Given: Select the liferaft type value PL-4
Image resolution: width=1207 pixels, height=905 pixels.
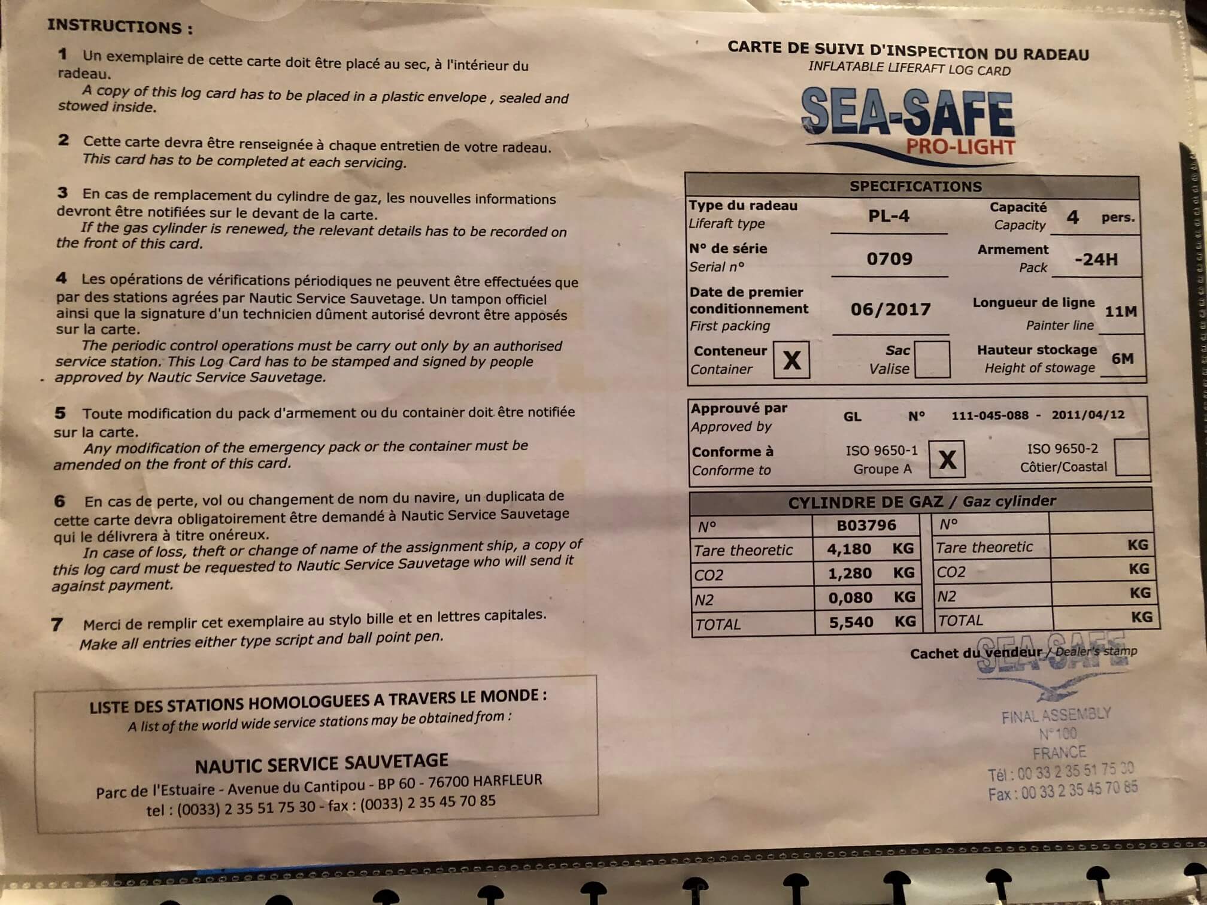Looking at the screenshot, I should [888, 216].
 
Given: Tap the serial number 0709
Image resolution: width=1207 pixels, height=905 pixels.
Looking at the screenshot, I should [889, 259].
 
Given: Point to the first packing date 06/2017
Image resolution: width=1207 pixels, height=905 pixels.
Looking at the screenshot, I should [890, 309].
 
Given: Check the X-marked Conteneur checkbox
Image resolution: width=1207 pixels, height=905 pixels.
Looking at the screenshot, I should [791, 360].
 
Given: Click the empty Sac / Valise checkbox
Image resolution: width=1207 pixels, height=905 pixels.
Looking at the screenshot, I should [932, 359].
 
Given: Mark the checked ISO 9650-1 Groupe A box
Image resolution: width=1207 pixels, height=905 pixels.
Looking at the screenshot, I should [947, 459].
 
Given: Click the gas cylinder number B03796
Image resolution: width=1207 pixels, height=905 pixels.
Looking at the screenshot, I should [866, 526].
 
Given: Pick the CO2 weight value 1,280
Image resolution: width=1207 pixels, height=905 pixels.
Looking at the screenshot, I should [849, 573].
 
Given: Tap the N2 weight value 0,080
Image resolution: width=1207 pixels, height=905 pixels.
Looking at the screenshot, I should [850, 598].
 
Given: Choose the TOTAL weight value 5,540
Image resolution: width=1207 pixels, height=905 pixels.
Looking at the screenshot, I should [851, 622].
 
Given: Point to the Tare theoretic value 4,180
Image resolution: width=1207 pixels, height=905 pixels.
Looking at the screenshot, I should [848, 549].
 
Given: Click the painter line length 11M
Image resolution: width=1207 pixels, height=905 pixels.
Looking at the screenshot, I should [1120, 312].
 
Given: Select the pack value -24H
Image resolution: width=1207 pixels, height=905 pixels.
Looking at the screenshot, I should [1096, 260].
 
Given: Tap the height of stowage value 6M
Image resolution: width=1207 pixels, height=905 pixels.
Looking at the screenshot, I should [1122, 359].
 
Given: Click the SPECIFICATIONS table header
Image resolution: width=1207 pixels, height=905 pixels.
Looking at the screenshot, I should [915, 187].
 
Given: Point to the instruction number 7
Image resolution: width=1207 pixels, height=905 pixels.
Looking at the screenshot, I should [57, 625].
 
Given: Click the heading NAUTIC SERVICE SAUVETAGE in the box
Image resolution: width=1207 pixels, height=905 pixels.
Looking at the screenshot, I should [322, 763].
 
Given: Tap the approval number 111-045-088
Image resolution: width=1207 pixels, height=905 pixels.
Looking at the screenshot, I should [990, 415].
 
